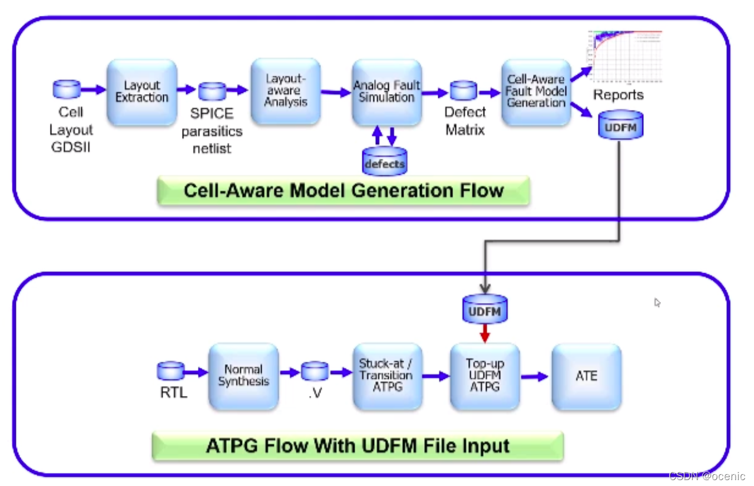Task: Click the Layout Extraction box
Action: [x=142, y=92]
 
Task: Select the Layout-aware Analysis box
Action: [x=286, y=91]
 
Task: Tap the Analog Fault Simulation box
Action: [x=387, y=92]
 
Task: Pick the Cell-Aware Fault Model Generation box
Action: [x=536, y=92]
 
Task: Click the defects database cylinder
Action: [x=384, y=161]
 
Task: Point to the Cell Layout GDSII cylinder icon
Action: [x=67, y=89]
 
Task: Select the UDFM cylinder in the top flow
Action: [x=620, y=125]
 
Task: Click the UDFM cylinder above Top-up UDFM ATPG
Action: [x=485, y=309]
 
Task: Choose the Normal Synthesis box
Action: [x=243, y=377]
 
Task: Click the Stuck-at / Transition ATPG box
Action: [x=387, y=377]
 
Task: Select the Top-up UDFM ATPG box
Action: [x=484, y=377]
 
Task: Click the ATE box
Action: [x=586, y=377]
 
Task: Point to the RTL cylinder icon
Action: [x=171, y=371]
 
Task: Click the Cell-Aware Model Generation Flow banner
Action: [x=343, y=191]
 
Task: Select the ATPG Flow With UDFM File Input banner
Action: [x=358, y=446]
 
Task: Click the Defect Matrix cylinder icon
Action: [x=464, y=91]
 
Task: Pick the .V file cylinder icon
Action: [x=315, y=371]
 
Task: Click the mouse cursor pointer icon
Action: [x=657, y=302]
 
